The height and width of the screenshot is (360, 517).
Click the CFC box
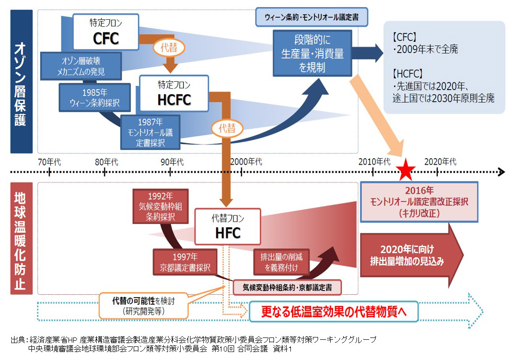click(99, 32)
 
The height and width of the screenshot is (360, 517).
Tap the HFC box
click(228, 227)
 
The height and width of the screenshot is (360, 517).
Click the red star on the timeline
click(405, 172)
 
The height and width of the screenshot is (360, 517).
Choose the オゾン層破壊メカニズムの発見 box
click(80, 66)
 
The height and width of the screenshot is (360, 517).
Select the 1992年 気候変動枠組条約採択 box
click(161, 206)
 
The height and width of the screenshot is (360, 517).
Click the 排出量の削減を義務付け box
click(281, 262)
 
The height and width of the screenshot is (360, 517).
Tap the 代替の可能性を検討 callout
click(143, 306)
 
